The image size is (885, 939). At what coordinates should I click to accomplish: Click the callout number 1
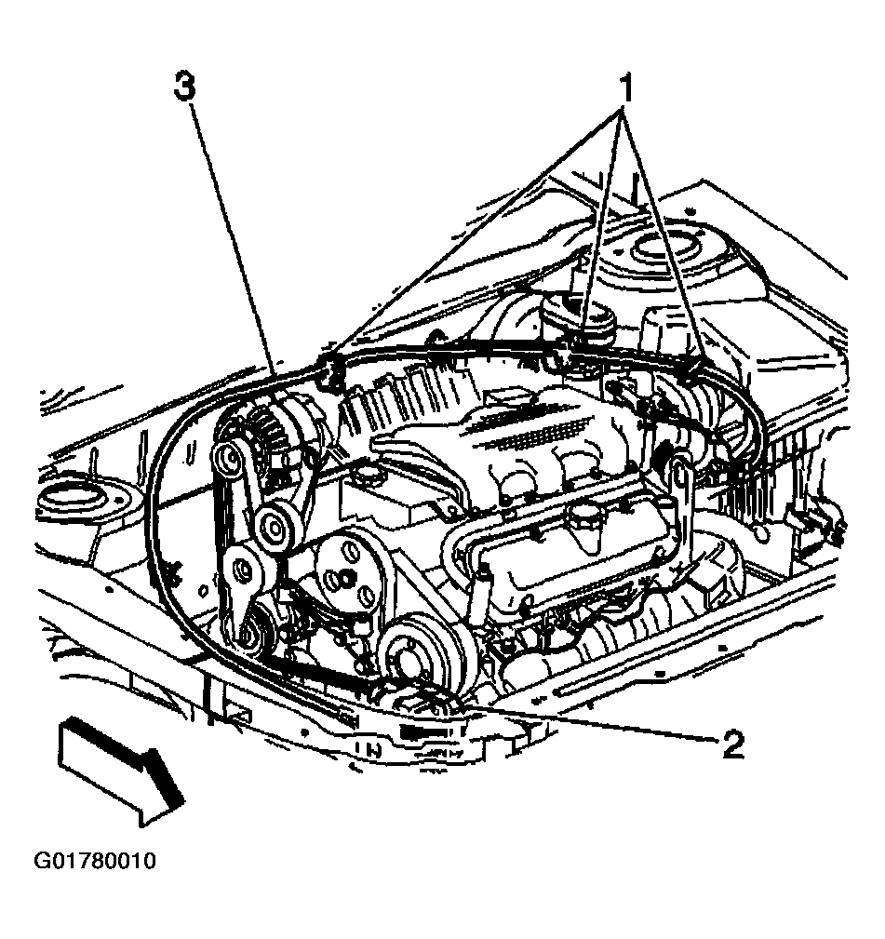tap(625, 89)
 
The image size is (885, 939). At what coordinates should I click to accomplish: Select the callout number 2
tap(732, 744)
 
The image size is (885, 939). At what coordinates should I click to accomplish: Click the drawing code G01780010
tap(95, 861)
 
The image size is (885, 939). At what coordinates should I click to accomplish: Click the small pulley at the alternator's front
tap(229, 459)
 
